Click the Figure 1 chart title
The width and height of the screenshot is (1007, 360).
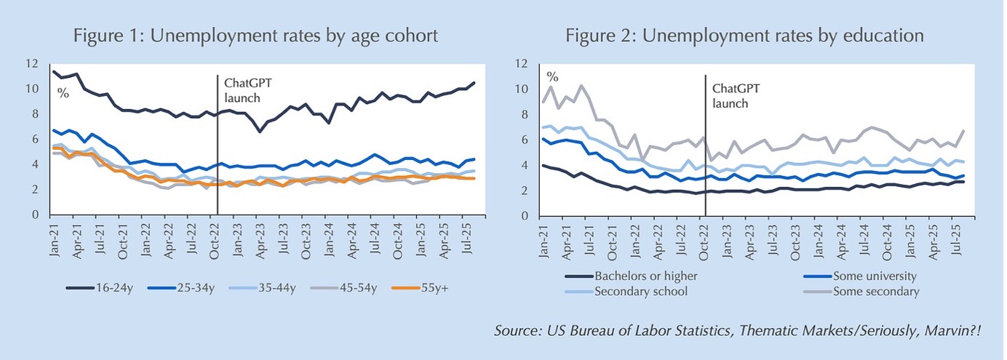pos(255,36)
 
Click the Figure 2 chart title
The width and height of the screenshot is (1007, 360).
pos(745,36)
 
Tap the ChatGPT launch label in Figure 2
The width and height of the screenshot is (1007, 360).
pos(736,96)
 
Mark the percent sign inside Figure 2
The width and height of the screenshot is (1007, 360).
pos(553,76)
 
